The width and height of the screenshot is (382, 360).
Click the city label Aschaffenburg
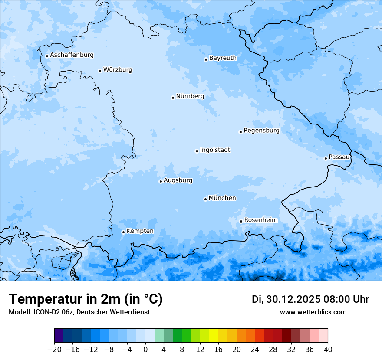click(x=72, y=55)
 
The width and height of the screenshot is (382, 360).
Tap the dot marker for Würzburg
click(x=100, y=71)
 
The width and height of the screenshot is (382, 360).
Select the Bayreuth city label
click(x=223, y=58)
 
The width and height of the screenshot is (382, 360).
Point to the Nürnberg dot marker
click(x=173, y=98)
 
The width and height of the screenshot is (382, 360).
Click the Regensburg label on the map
click(x=261, y=131)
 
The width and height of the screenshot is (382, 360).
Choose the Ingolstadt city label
click(x=215, y=150)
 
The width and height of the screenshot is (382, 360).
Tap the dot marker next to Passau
click(x=326, y=158)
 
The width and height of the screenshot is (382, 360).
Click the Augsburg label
click(x=178, y=180)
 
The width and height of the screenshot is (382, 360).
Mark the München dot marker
click(x=205, y=200)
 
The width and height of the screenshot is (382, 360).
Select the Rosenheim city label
click(x=260, y=220)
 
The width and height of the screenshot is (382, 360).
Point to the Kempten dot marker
click(x=123, y=232)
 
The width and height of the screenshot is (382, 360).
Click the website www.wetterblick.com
click(x=313, y=312)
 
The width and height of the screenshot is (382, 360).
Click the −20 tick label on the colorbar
click(x=55, y=349)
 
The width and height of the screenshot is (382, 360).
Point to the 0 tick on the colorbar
click(x=145, y=349)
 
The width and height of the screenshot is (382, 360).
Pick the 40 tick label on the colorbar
click(x=328, y=349)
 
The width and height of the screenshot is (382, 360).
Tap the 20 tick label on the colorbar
click(x=237, y=349)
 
